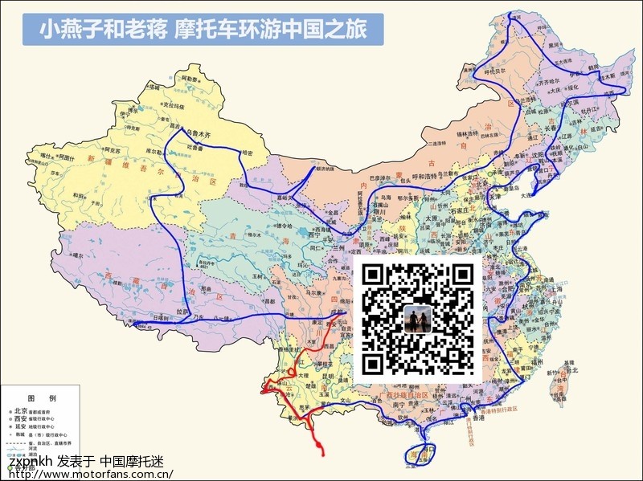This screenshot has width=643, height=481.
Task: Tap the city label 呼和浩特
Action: (x=403, y=177)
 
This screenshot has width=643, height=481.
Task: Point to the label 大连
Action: (x=526, y=194)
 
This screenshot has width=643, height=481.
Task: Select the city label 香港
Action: (x=478, y=418)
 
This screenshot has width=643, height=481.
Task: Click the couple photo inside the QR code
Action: (x=417, y=319)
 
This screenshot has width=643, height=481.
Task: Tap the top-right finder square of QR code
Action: (x=461, y=275)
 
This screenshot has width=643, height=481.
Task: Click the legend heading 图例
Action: (x=41, y=398)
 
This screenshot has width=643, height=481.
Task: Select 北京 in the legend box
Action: (x=21, y=410)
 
